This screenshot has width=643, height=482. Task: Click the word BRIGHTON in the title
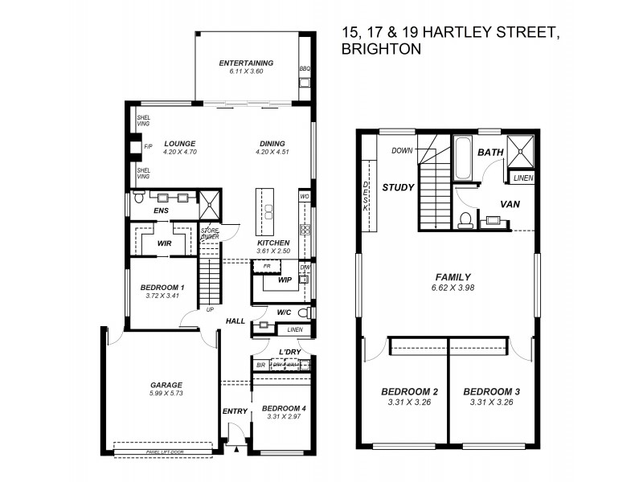coord(381,49)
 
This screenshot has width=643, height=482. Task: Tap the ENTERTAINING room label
coord(246,63)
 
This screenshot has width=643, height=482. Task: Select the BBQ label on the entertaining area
coord(305,69)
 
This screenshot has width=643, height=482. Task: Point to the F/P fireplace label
coord(148,147)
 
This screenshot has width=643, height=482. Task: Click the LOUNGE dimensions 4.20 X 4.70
coord(180,152)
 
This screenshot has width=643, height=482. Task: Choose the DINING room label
coord(271,143)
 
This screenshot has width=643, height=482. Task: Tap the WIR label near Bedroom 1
coord(164,242)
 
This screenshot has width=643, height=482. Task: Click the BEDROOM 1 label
coord(162,287)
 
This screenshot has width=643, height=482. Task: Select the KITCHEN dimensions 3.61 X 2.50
coord(272,251)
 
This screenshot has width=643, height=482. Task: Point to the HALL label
coord(235,321)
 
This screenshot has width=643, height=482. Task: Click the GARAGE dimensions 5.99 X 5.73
coord(166,394)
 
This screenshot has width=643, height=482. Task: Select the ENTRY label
coord(235,411)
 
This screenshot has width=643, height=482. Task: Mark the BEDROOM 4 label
coord(284,408)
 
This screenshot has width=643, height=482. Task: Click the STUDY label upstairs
coord(398,188)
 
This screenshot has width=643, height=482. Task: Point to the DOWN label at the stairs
coord(402,151)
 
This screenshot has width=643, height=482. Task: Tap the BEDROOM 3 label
coord(492,392)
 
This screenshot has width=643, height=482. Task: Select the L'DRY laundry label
coord(289,353)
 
